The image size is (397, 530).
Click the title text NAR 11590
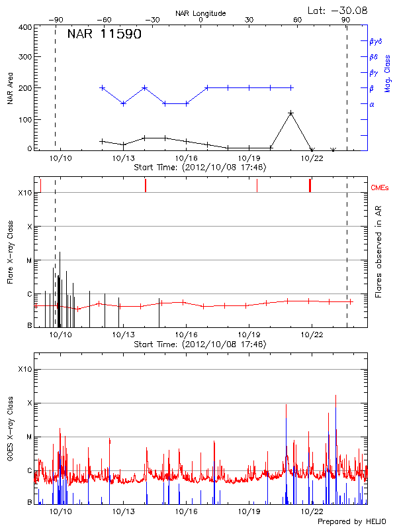pos(105,34)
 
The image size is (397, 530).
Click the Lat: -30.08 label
pos(338,9)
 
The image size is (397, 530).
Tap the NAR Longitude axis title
pos(200,13)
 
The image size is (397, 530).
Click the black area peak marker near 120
pos(290,113)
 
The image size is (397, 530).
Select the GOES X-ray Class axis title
pos(10,434)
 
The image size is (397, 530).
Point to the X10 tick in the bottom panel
pos(25,369)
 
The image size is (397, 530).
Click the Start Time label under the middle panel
pos(200,344)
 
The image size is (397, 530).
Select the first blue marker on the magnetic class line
pos(102,87)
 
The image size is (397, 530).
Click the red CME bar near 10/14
pos(145,185)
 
